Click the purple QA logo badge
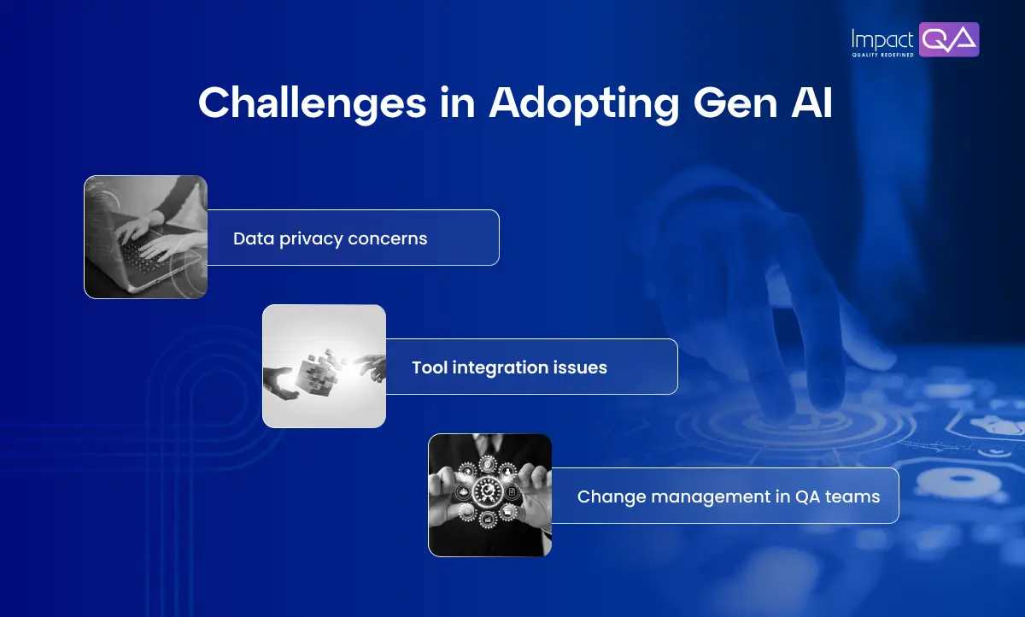click(949, 39)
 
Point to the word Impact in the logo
click(883, 38)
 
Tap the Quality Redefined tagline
click(883, 54)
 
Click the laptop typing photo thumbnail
click(145, 237)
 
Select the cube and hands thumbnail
click(324, 366)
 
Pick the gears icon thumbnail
click(489, 495)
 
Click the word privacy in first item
click(309, 239)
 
